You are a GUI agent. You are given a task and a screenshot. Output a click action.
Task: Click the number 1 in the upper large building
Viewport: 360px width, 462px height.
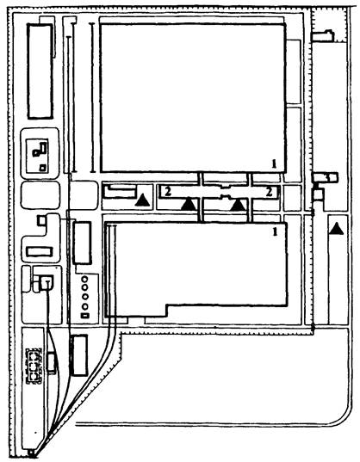(x=274, y=163)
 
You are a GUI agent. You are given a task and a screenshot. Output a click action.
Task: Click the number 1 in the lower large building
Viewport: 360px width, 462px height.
(x=275, y=232)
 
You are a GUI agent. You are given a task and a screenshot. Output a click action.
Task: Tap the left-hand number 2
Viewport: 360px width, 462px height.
(x=168, y=192)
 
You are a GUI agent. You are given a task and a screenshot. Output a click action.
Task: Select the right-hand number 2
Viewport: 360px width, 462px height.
(x=270, y=192)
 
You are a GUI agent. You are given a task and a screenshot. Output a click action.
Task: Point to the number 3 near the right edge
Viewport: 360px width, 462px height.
(x=327, y=177)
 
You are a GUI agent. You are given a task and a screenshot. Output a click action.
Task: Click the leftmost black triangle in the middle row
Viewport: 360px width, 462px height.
(x=143, y=200)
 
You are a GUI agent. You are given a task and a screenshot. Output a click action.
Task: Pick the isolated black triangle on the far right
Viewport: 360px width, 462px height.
(x=336, y=229)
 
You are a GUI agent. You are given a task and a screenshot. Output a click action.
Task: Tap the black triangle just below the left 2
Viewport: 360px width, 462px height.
(x=189, y=204)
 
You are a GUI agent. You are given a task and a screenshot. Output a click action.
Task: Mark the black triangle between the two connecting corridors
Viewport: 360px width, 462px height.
(x=238, y=205)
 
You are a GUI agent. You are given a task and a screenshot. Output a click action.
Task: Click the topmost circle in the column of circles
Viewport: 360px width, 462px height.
(x=85, y=279)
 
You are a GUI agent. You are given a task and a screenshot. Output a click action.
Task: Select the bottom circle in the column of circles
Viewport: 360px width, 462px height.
(x=85, y=307)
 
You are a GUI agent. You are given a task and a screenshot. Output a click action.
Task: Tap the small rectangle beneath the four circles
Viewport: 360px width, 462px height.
(x=85, y=316)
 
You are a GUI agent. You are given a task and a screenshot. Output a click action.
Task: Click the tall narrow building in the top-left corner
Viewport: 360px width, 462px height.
(x=40, y=71)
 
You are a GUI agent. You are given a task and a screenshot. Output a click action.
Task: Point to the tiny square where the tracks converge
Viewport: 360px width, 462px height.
(x=31, y=453)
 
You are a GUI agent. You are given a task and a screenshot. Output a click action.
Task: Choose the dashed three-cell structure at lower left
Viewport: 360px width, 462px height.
(x=34, y=367)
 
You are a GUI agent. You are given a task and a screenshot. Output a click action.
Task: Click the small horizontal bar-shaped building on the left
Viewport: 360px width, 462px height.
(x=40, y=252)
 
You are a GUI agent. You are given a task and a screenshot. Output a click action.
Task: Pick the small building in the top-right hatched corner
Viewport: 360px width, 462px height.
(x=324, y=35)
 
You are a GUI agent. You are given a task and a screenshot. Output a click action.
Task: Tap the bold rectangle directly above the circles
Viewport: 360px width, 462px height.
(x=82, y=243)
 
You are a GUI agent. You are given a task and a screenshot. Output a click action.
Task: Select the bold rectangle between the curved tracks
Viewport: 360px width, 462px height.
(x=79, y=355)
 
